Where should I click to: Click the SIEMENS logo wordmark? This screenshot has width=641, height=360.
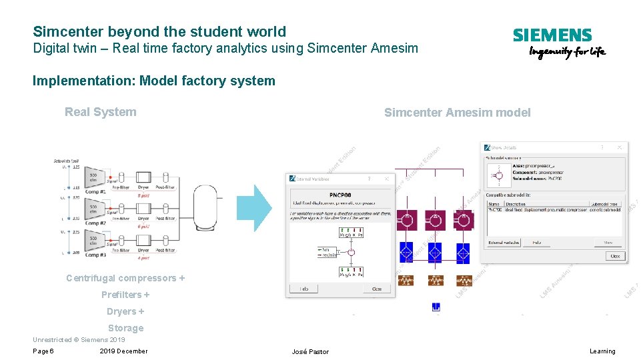(552, 35)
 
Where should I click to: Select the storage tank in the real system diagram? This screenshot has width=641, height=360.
(204, 207)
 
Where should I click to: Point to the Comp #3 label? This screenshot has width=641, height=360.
(95, 255)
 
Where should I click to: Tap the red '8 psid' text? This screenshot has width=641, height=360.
(143, 195)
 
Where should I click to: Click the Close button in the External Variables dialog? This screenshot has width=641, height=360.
(377, 289)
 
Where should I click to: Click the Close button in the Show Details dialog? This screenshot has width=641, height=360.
(614, 255)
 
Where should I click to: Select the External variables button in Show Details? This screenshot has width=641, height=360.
(504, 243)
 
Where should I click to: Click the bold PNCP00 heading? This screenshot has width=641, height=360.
(340, 196)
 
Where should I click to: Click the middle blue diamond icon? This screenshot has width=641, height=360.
(434, 251)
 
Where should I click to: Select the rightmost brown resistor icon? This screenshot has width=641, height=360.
(464, 281)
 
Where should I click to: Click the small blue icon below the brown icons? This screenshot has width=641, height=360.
(436, 307)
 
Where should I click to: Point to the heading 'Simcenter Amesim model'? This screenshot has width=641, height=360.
(457, 113)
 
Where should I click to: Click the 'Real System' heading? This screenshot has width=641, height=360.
(100, 112)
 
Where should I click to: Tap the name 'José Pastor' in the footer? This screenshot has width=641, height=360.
(310, 351)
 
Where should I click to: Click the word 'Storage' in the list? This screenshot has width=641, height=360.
(125, 328)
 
